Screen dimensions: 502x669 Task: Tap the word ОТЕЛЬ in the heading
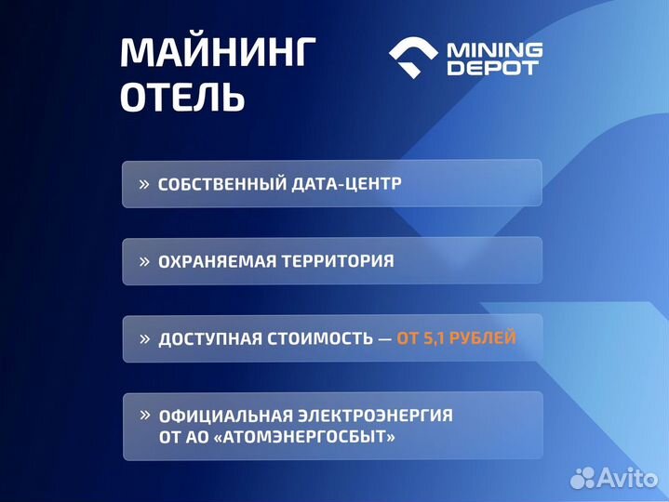pos(182,98)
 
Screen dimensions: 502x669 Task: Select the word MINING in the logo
pos(495,48)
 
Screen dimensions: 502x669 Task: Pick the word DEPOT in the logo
pos(493,69)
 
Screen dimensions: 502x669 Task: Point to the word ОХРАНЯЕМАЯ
pos(214,261)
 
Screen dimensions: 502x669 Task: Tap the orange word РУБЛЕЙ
pos(483,338)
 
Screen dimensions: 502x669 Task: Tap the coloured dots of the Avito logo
pos(582,478)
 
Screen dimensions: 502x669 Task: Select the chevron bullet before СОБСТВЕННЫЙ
pos(144,184)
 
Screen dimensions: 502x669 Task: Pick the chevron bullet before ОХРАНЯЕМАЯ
pos(144,261)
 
